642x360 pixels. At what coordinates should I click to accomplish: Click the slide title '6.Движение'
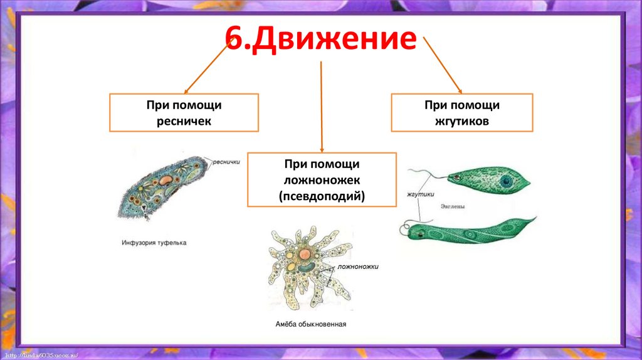click(321, 39)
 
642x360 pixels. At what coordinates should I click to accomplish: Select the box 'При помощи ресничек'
click(184, 113)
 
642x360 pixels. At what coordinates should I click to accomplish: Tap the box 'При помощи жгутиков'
click(462, 113)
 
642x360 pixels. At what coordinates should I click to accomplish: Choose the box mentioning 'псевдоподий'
click(322, 179)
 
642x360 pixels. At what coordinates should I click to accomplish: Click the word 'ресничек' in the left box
click(184, 122)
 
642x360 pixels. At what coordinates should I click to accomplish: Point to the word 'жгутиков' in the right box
click(462, 122)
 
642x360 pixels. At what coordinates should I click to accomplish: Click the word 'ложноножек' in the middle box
click(322, 180)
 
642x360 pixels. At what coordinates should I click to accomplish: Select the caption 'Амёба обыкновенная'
click(311, 324)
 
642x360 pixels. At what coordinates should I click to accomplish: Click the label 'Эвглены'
click(453, 205)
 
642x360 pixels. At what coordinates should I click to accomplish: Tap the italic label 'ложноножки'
click(358, 267)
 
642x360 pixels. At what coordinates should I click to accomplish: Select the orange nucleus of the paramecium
click(166, 179)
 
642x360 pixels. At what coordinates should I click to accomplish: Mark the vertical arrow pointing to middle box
click(321, 107)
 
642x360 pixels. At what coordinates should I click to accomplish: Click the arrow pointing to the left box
click(207, 69)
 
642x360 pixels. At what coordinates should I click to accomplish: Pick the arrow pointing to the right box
click(443, 66)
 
